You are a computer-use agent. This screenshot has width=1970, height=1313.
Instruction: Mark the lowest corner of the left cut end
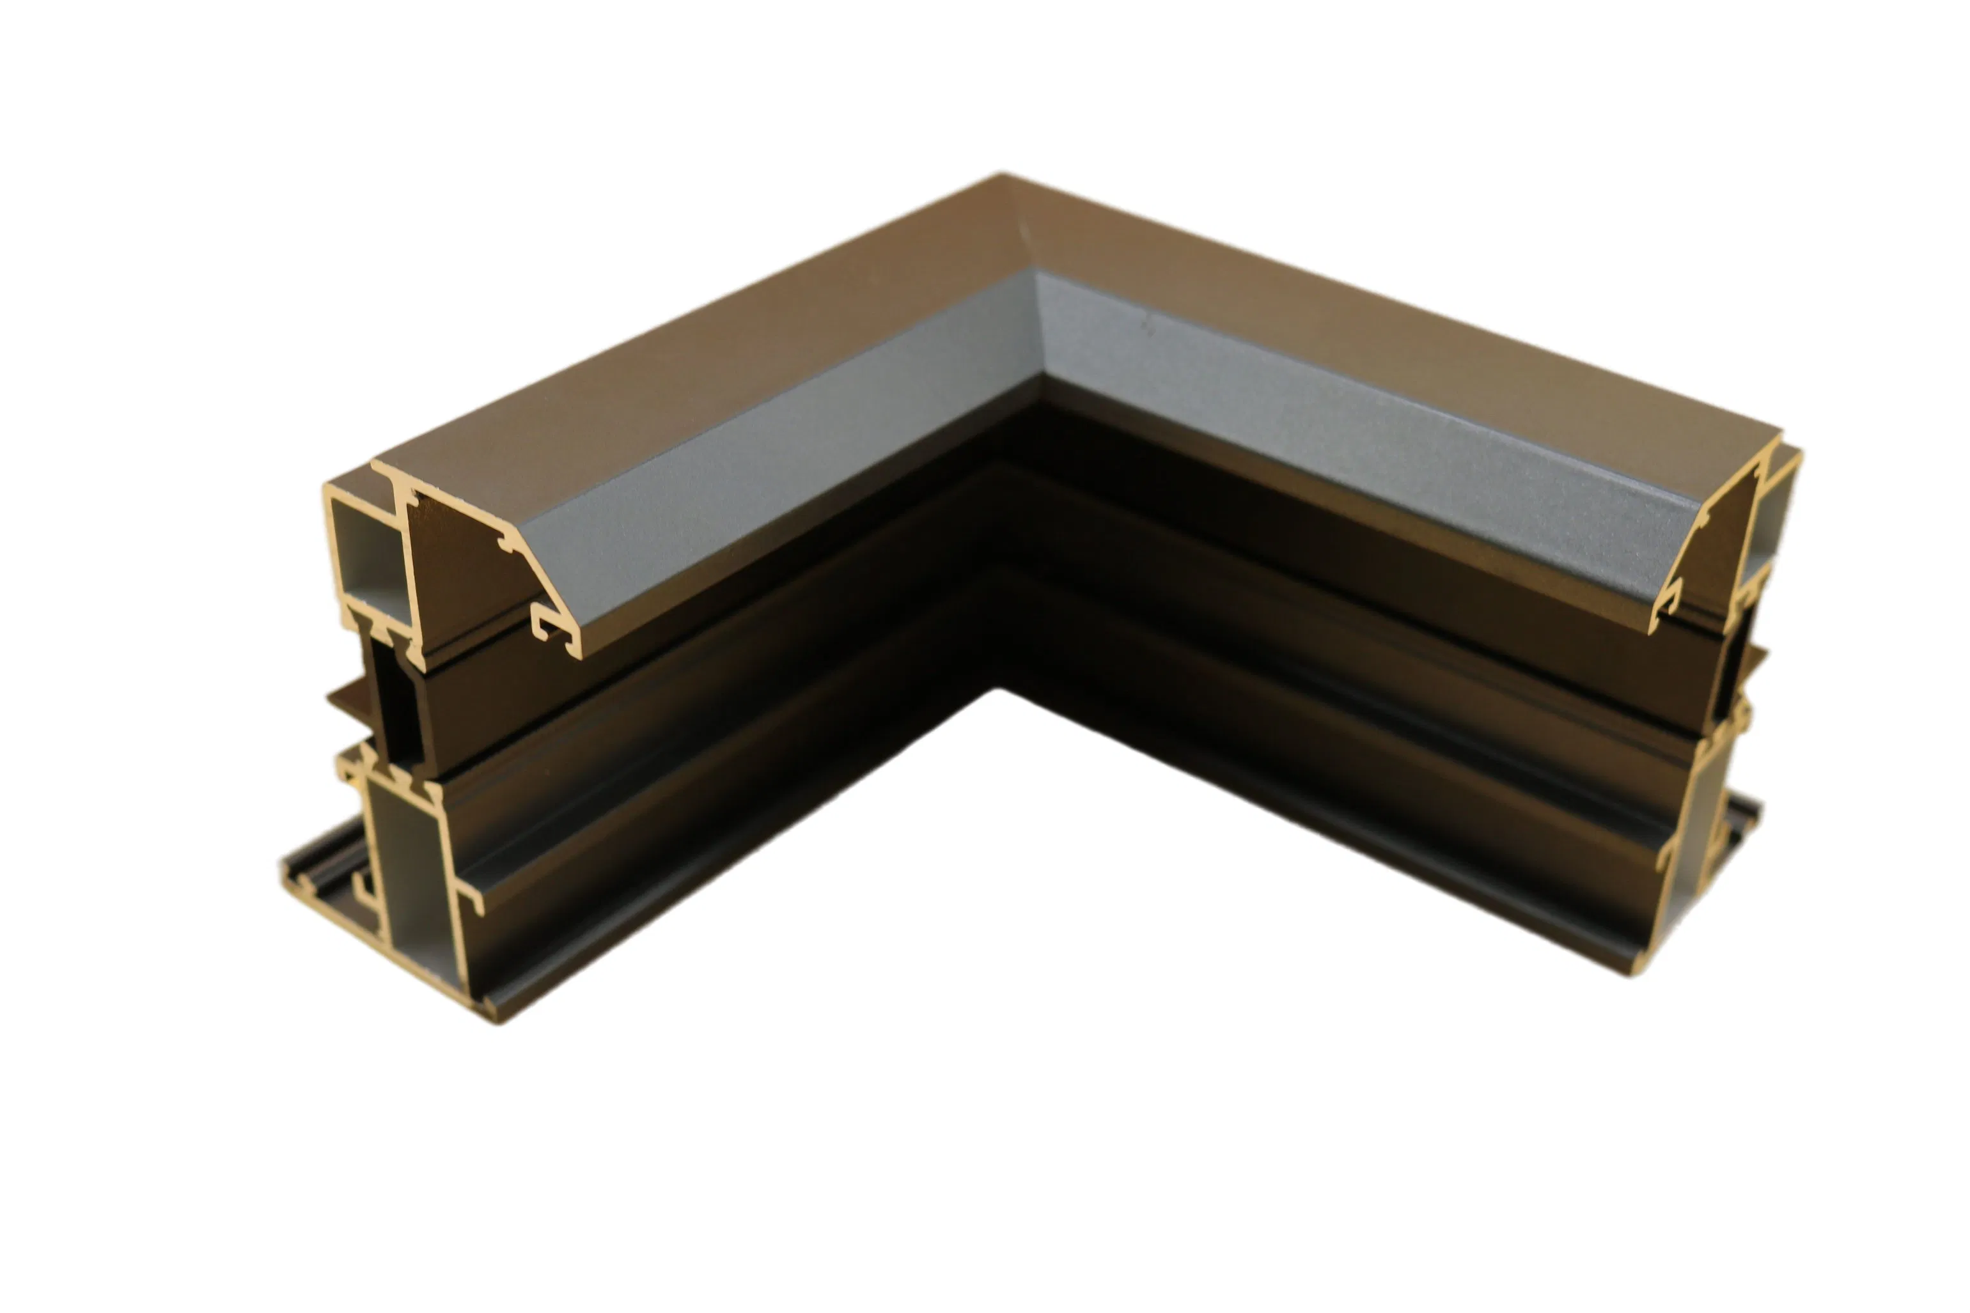(x=494, y=1020)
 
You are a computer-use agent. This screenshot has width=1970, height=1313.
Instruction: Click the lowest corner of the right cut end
(x=1633, y=973)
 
